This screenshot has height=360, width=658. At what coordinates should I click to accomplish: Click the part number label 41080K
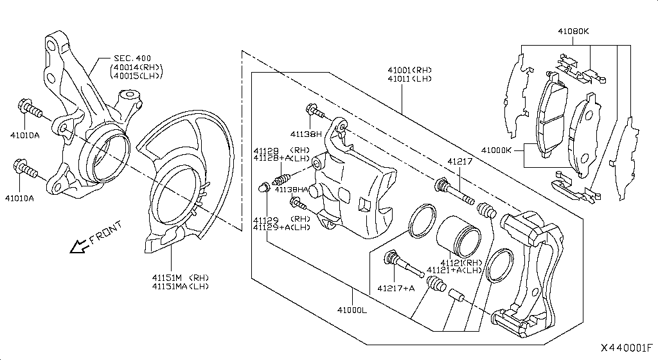tap(573, 30)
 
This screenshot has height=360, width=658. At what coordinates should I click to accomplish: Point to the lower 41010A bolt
tap(25, 170)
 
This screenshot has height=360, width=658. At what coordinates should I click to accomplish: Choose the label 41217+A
tap(396, 289)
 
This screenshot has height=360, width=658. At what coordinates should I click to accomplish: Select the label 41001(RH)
tap(410, 69)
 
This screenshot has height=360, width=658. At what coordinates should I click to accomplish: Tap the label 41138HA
tap(290, 190)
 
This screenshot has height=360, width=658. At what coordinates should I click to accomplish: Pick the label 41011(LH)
tap(410, 78)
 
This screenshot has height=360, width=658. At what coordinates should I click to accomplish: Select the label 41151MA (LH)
tap(180, 286)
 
